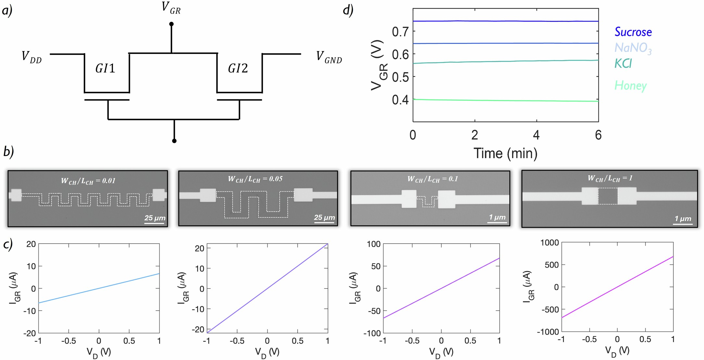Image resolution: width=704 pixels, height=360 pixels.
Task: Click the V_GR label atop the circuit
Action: tap(171, 8)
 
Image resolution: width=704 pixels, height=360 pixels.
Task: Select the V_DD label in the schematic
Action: tap(31, 57)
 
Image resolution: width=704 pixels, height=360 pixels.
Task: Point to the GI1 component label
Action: tap(105, 69)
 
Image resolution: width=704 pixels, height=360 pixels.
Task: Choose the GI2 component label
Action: tap(238, 69)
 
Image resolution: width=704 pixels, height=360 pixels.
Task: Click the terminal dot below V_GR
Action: tap(171, 24)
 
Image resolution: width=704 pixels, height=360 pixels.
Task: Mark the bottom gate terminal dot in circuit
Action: tap(174, 141)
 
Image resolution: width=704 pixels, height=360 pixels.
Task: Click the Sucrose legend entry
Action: tap(633, 32)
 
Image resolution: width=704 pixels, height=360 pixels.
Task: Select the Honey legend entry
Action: tap(630, 85)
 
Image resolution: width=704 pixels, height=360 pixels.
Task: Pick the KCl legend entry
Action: tap(623, 63)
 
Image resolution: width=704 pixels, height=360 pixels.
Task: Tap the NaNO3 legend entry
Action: tap(633, 48)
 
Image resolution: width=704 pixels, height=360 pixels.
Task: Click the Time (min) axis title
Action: tap(505, 153)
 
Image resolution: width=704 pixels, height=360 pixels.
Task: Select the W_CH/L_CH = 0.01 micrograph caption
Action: tap(88, 181)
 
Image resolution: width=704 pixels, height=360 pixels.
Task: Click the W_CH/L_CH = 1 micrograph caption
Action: tap(610, 178)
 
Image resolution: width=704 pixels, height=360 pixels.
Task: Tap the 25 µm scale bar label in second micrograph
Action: tap(324, 217)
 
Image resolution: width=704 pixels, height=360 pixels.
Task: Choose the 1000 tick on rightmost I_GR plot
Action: tap(549, 243)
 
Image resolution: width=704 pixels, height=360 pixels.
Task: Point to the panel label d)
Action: tap(348, 10)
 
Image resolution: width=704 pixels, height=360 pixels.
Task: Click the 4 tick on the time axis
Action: tap(536, 135)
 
